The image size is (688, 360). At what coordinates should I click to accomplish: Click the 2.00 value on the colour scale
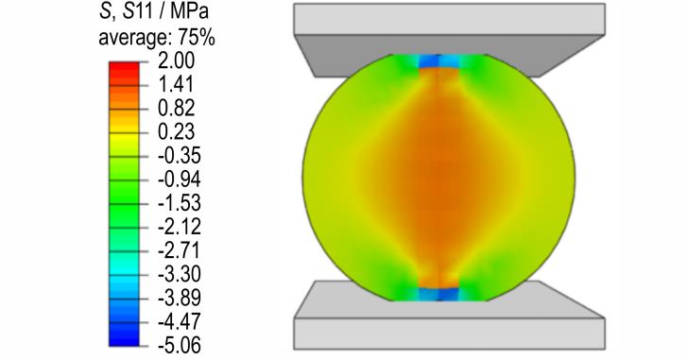[176, 60]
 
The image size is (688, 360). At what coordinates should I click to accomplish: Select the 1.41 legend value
[176, 84]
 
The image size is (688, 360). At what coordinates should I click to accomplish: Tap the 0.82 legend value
[176, 108]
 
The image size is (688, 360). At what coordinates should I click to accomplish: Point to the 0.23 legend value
[176, 131]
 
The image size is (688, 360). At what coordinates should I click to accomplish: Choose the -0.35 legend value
[179, 155]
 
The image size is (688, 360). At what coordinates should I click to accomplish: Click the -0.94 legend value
[179, 179]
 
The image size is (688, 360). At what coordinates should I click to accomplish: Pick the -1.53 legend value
[179, 202]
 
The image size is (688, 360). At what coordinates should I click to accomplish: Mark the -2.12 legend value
[179, 226]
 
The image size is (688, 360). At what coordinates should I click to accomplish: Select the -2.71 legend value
[179, 250]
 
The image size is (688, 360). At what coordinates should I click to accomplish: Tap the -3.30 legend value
[179, 274]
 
